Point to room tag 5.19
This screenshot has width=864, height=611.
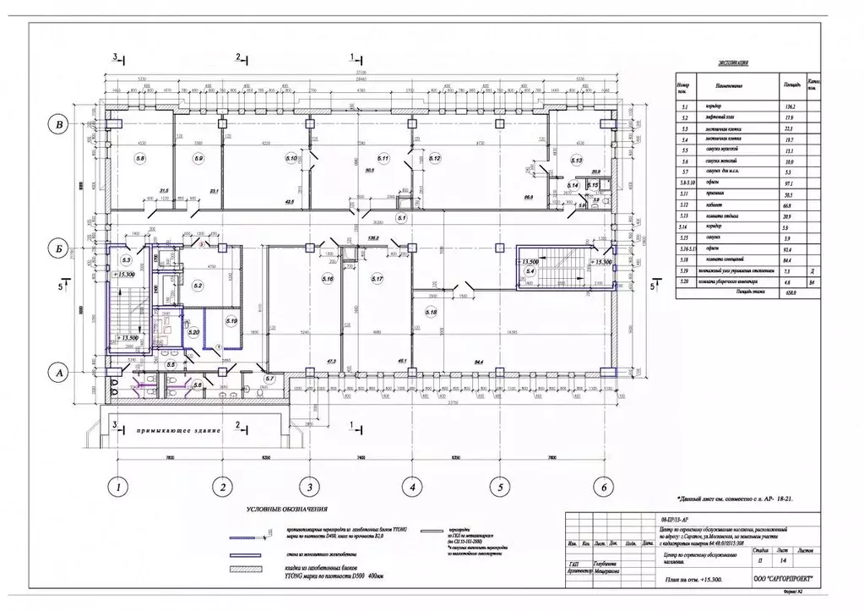click(231, 321)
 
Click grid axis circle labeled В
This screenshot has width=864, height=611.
click(58, 126)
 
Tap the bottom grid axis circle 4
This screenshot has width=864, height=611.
click(411, 486)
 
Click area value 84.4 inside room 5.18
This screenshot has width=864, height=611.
click(480, 362)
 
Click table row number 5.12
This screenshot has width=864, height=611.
click(684, 204)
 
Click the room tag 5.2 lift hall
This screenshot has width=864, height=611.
click(197, 286)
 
